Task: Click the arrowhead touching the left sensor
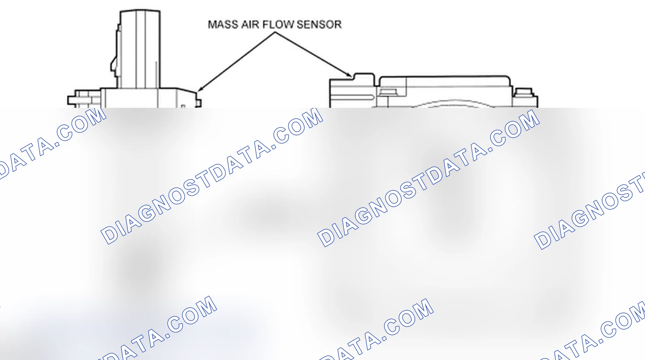tap(200, 89)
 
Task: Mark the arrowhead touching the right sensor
tap(349, 75)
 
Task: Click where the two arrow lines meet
tap(275, 32)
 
